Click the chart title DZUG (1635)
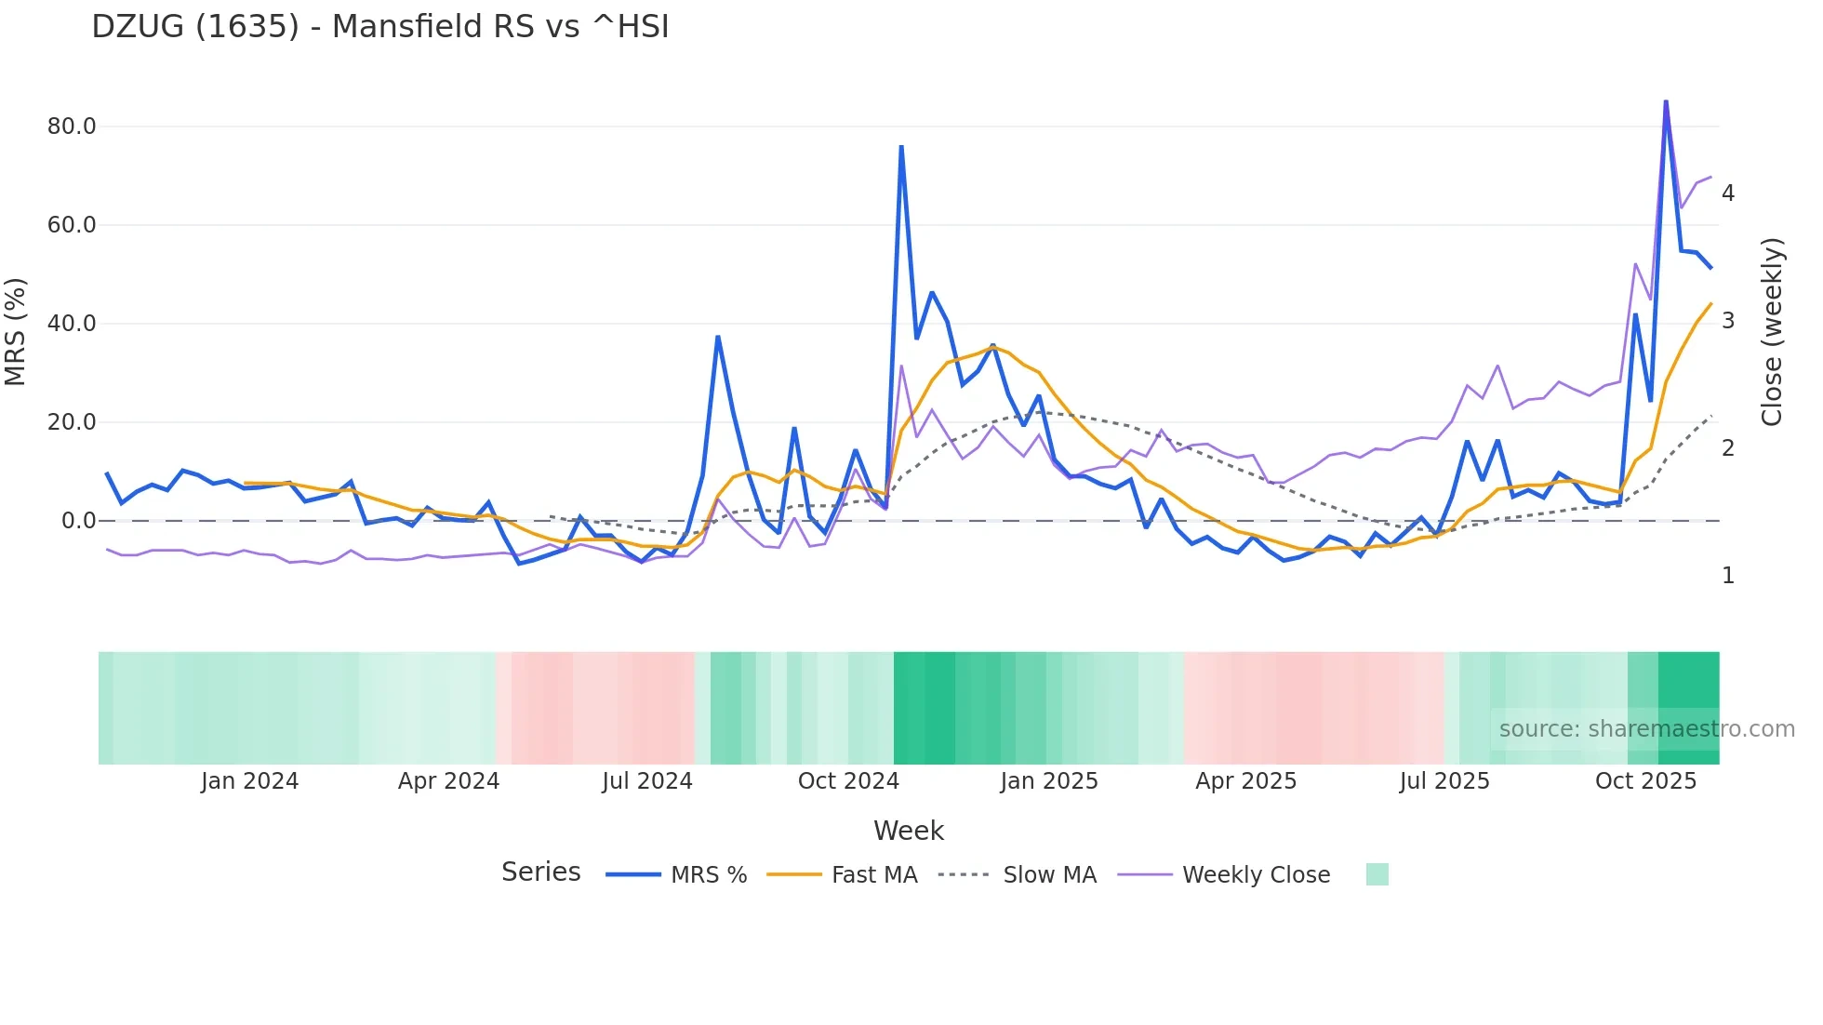coord(379,27)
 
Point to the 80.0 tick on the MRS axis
coord(72,126)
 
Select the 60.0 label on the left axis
coord(72,225)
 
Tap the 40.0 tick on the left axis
coord(72,324)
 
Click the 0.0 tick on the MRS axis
coord(78,521)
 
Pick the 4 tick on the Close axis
coord(1728,193)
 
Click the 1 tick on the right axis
coord(1728,576)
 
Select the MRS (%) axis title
coord(15,331)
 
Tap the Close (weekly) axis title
coord(1772,332)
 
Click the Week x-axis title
coord(908,831)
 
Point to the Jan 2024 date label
coord(249,781)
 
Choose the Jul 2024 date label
coord(646,781)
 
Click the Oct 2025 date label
coord(1645,781)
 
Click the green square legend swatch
coord(1377,874)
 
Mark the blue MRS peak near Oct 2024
coord(901,147)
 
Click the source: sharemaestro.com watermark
coord(1646,729)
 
